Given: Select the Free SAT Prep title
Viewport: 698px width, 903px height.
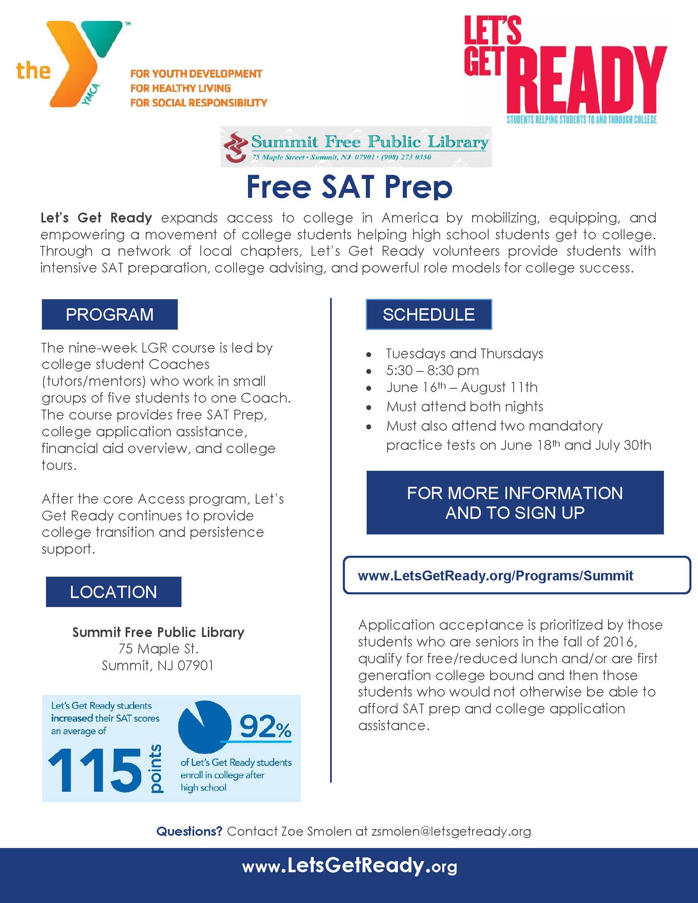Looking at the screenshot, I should pyautogui.click(x=349, y=187).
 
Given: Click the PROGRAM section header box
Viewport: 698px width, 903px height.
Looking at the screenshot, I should pyautogui.click(x=110, y=315).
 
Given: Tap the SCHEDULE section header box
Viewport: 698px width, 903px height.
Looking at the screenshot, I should pyautogui.click(x=429, y=315).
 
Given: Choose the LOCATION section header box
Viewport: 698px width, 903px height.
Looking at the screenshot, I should pyautogui.click(x=113, y=592).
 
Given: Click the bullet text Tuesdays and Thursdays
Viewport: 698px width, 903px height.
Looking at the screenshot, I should pyautogui.click(x=464, y=353).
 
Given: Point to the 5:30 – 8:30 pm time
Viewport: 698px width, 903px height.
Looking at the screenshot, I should pyautogui.click(x=432, y=371).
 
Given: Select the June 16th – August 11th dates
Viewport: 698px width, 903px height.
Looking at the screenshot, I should pyautogui.click(x=462, y=387).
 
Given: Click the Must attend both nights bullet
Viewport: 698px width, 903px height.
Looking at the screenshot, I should pyautogui.click(x=464, y=406).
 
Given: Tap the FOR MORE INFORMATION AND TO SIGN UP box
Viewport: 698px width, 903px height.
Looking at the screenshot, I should pyautogui.click(x=515, y=503).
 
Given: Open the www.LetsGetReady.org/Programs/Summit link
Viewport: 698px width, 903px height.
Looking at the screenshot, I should pyautogui.click(x=496, y=575).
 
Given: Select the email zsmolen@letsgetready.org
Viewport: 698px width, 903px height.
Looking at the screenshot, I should pyautogui.click(x=451, y=831).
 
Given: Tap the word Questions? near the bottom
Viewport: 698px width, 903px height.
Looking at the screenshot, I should pyautogui.click(x=189, y=831).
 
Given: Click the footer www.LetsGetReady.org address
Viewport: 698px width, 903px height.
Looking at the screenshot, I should pyautogui.click(x=349, y=866).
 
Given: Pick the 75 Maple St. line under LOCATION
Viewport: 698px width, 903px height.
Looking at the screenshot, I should pyautogui.click(x=158, y=649).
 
